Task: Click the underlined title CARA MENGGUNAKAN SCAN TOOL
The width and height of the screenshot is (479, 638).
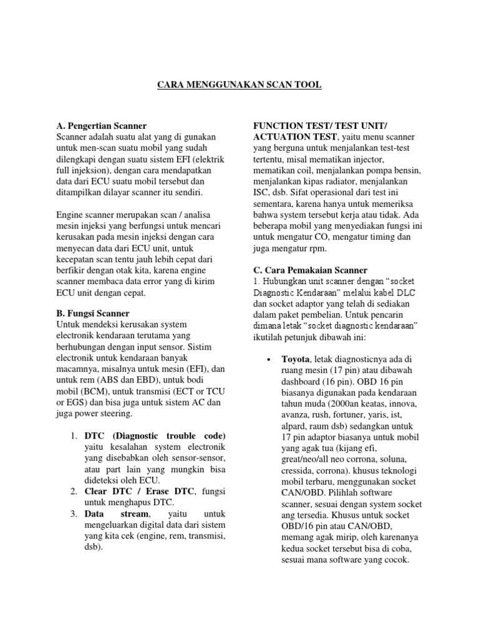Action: coord(239,84)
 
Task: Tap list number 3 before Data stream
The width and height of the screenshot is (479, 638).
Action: coord(73,514)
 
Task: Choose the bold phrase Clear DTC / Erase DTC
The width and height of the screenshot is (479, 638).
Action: coord(139,492)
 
